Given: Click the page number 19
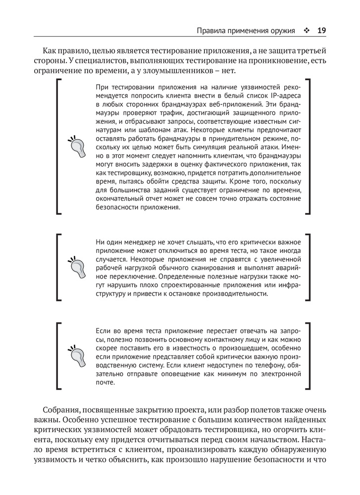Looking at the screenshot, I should pos(321,31).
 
